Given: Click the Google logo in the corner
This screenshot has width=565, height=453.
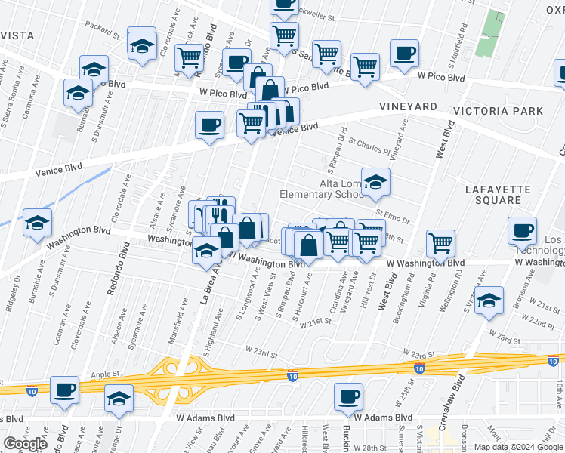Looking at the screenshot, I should tap(25, 444).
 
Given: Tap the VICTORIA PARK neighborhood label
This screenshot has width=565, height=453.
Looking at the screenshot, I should tap(498, 111).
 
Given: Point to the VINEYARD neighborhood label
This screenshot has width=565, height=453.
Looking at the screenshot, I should tap(408, 107).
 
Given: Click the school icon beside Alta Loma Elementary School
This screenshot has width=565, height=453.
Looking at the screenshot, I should tap(375, 181).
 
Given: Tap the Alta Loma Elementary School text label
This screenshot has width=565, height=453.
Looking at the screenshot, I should tap(323, 189).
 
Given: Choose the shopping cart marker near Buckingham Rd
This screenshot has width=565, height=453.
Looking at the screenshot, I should tap(440, 243).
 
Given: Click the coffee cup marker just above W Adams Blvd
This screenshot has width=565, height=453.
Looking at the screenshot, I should tap(348, 396).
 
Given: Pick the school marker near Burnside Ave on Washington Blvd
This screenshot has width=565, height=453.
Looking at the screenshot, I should tap(36, 223).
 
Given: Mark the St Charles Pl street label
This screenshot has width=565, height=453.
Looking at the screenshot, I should tap(369, 146).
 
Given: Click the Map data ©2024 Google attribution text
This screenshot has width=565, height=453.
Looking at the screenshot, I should tap(517, 447).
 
